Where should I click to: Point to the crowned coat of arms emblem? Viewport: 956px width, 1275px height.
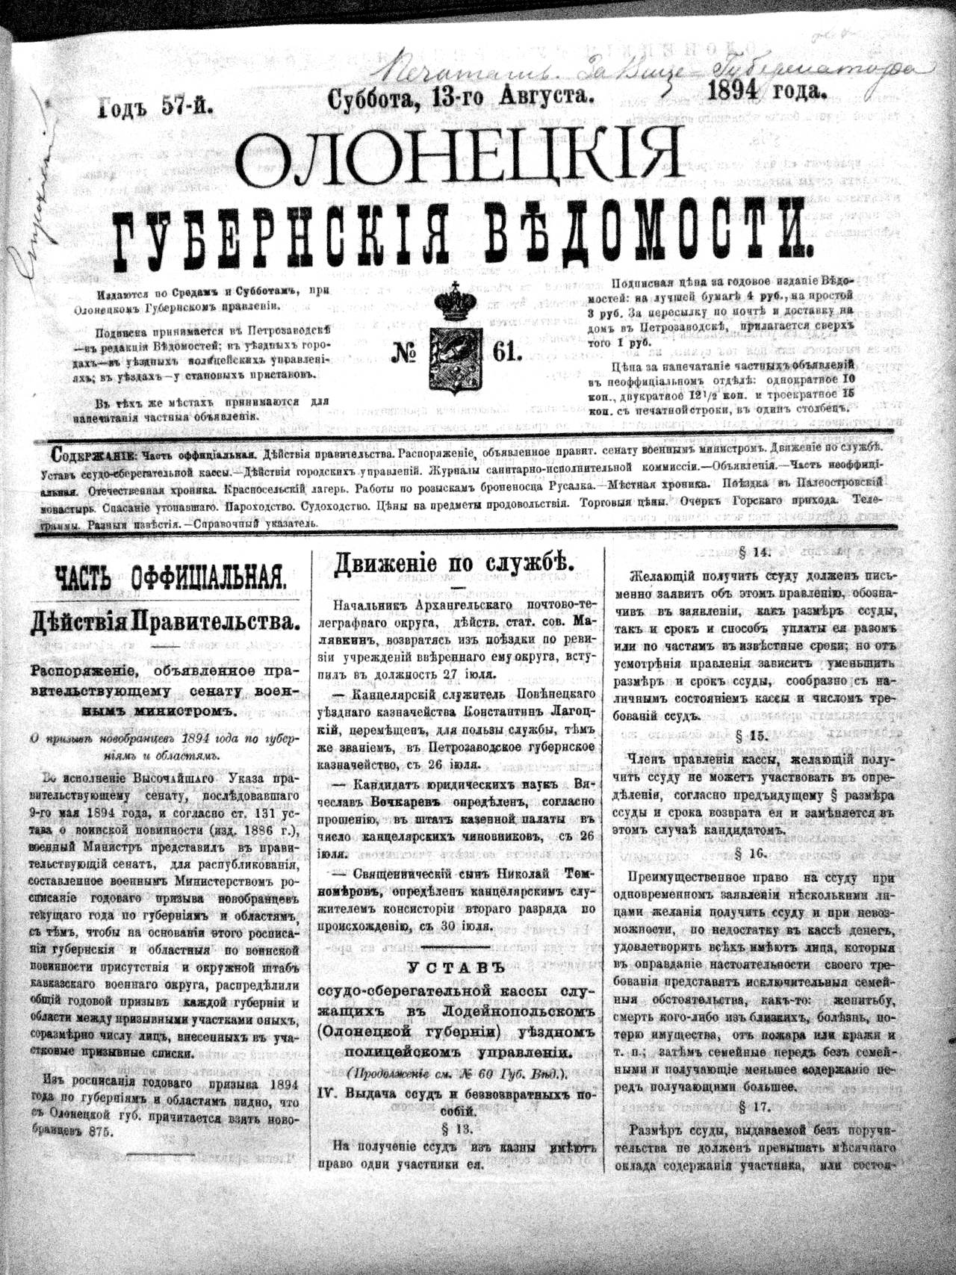(455, 340)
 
